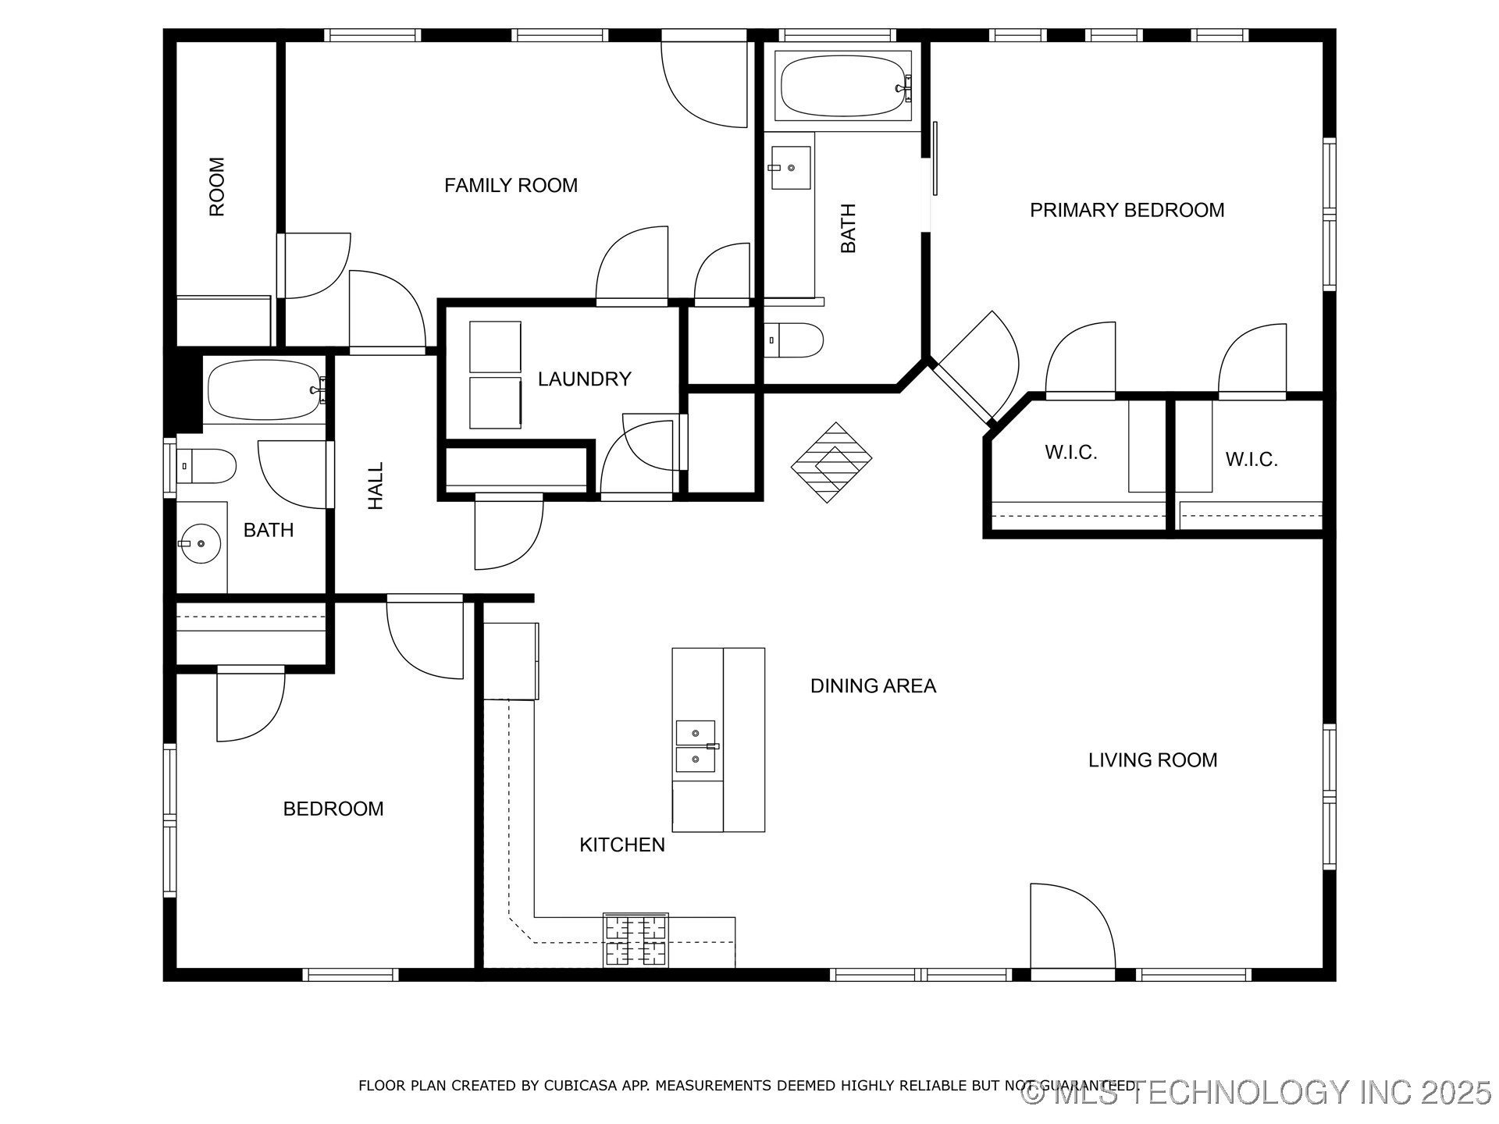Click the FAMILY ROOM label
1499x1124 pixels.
point(511,186)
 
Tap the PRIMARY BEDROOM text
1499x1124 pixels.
point(1127,210)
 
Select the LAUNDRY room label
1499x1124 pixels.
point(584,379)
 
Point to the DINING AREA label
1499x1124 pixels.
point(873,686)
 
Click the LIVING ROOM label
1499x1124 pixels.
point(1152,760)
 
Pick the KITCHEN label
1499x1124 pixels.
point(622,845)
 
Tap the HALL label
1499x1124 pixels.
point(376,486)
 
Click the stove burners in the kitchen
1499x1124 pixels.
point(636,941)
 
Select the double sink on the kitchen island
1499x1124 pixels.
point(696,746)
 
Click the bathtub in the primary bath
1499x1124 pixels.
point(843,86)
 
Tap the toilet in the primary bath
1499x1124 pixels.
point(792,340)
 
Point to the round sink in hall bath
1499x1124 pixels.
point(200,543)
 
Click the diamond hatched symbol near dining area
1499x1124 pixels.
point(831,463)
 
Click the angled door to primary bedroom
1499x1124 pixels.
point(976,367)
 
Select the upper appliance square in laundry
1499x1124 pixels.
point(495,347)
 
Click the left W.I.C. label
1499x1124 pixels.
point(1070,453)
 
